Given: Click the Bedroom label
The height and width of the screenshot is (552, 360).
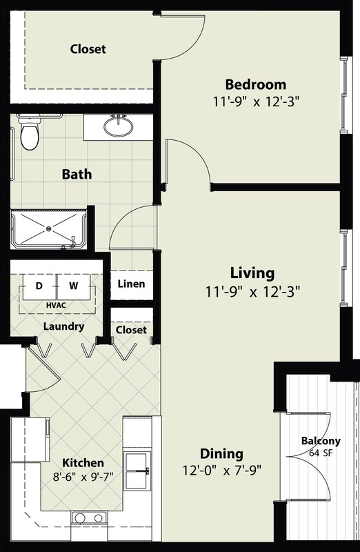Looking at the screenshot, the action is tap(255, 84).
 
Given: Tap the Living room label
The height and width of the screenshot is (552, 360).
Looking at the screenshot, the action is tap(252, 273).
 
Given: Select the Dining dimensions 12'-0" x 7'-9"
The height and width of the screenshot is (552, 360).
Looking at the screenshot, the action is tap(221, 470).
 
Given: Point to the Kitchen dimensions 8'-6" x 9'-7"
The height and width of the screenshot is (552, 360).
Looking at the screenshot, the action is tap(83, 477).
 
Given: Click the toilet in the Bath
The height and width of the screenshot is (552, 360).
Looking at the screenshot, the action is tap(29, 132).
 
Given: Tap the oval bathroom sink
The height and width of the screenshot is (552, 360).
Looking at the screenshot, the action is tap(119, 126).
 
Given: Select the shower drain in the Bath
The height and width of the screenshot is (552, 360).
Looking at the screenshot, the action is tap(48, 229).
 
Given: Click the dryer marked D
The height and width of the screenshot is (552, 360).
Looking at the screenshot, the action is tap(39, 286).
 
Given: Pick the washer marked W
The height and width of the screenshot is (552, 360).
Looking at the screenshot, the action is tap(74, 286).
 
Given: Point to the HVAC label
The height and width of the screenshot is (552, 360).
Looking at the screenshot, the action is tap(56, 305).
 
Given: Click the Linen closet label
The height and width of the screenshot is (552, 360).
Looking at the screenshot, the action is tap(131, 284).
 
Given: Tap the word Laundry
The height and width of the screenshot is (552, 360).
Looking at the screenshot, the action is tap(63, 326).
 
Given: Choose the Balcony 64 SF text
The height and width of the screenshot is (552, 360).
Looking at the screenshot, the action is tap(321, 446).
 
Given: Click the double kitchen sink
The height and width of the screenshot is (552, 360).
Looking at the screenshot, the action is tap(137, 471).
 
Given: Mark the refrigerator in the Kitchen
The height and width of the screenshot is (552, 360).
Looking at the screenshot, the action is tap(30, 440).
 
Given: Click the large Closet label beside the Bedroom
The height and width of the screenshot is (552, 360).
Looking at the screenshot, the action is tap(88, 49).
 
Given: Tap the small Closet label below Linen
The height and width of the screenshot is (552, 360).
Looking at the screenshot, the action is tap(131, 330).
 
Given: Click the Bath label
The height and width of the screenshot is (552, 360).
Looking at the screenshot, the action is tap(77, 174).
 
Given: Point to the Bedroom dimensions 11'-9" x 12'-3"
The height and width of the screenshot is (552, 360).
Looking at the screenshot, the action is tap(256, 101).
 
